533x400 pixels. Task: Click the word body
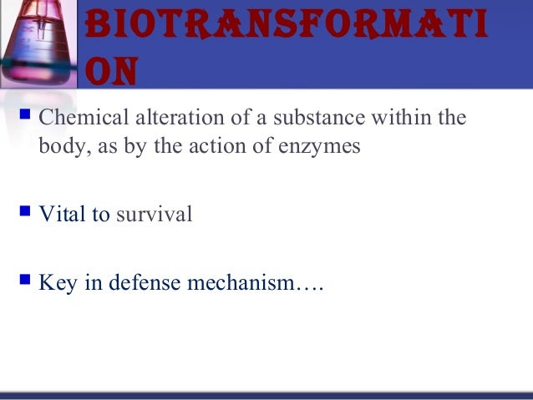[59, 146]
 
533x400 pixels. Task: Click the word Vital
[63, 215]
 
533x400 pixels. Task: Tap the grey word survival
[154, 215]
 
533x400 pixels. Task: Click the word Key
[57, 284]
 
